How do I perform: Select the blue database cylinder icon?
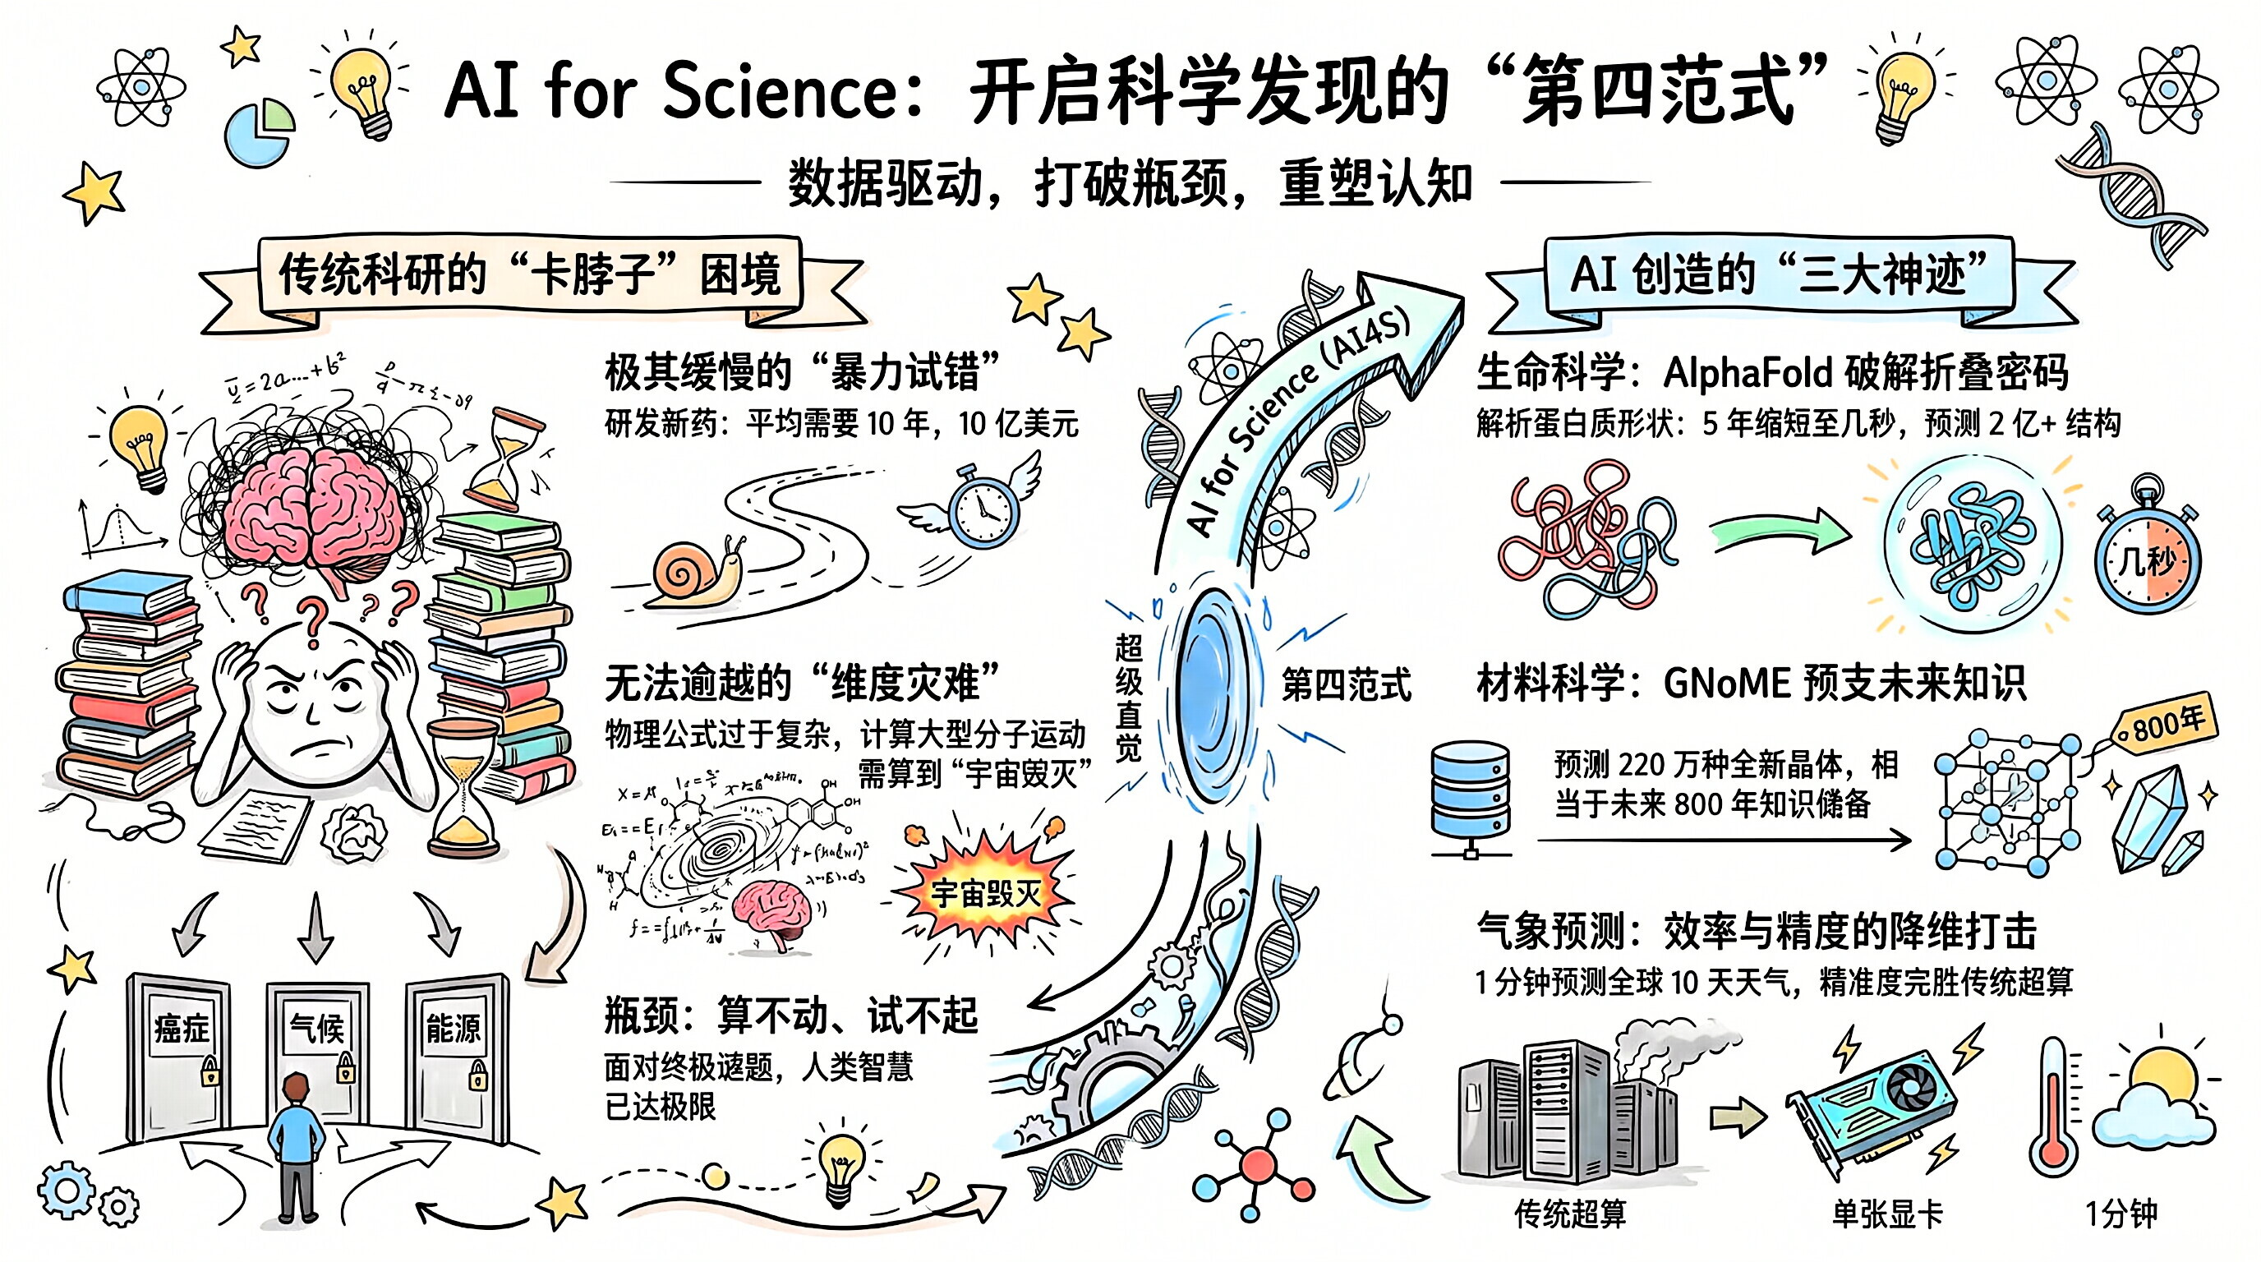(1470, 795)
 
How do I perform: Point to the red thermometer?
(2055, 1110)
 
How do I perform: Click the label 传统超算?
(1570, 1214)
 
